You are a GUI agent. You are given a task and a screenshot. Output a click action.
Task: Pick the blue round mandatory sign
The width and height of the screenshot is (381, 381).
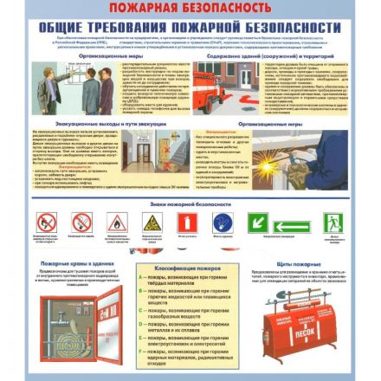(223, 223)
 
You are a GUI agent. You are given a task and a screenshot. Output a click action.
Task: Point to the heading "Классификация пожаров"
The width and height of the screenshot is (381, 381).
(185, 269)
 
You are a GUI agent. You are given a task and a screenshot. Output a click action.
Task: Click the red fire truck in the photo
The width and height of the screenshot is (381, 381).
(216, 81)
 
